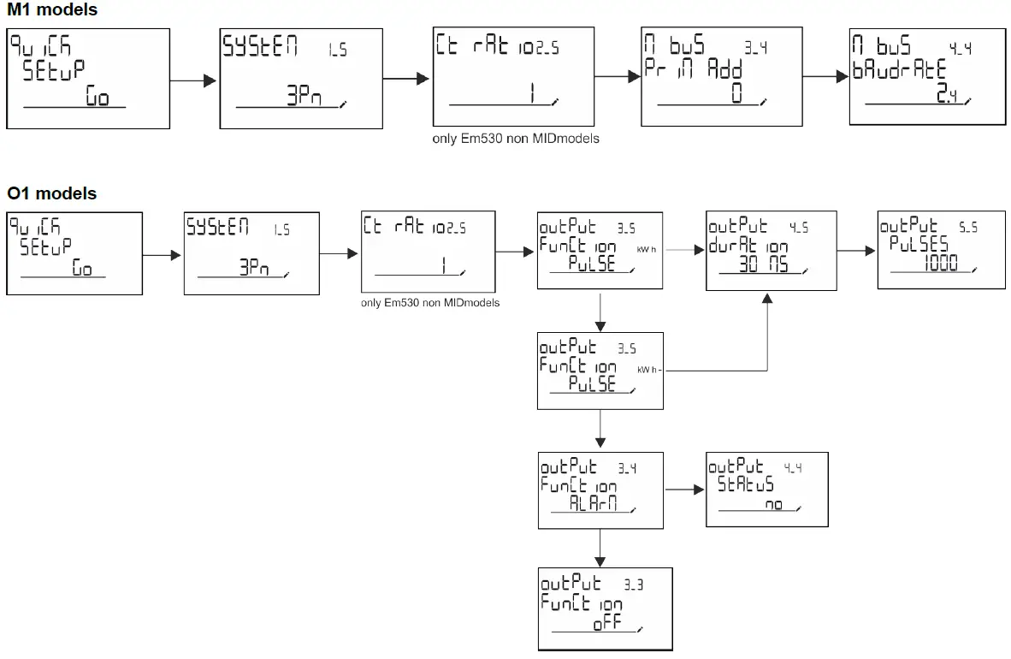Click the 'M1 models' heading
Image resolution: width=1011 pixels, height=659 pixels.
coord(52,10)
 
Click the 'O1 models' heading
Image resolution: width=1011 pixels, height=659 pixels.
coord(52,193)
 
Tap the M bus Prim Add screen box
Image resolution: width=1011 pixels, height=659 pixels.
coord(722,76)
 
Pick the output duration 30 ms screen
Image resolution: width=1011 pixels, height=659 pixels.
coord(767,252)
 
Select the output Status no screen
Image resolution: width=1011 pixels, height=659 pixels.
coord(766,489)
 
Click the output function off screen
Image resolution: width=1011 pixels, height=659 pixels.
coord(606,609)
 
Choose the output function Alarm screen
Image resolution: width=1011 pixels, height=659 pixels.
coord(600,489)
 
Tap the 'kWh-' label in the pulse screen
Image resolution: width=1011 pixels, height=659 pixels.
coord(651,370)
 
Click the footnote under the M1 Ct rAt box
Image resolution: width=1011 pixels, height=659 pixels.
coord(516,138)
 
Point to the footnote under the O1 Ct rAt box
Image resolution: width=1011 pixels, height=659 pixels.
coord(430,303)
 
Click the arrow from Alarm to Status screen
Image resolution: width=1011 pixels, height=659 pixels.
coord(684,490)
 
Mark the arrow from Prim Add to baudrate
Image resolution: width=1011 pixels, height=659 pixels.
coord(826,77)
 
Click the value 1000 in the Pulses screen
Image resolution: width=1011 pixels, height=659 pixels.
coord(941,266)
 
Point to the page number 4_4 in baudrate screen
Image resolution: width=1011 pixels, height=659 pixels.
coord(961,50)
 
